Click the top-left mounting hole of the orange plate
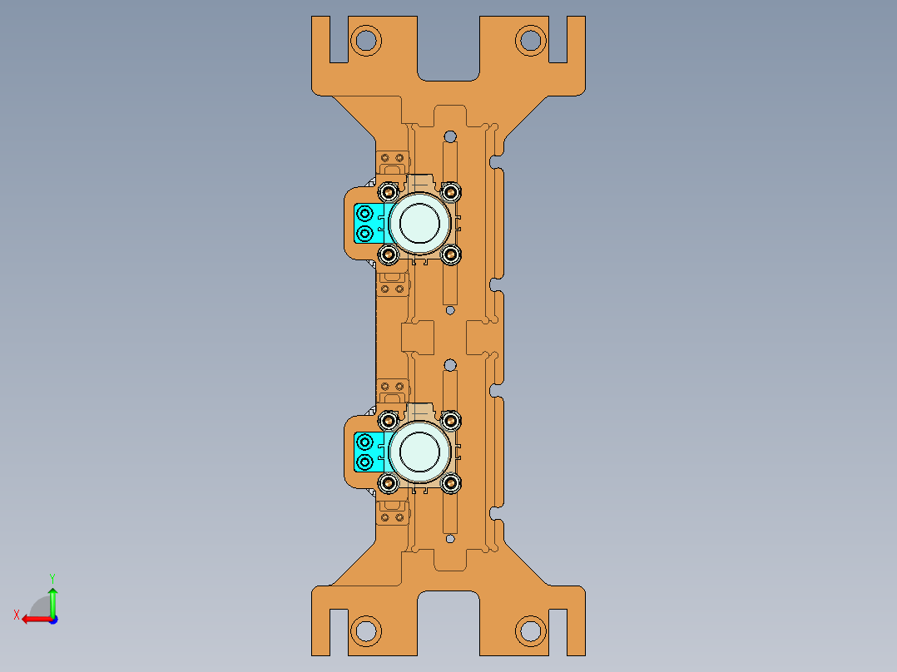coord(364,39)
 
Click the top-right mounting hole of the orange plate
coord(530,39)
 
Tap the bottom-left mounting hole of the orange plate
coord(364,630)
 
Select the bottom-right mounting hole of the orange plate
coord(530,630)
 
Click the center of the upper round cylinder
coord(420,222)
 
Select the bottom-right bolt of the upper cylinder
coord(451,253)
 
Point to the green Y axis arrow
coord(52,597)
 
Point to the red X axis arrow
coord(33,619)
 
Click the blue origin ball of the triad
coord(52,619)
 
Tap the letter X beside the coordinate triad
coord(16,615)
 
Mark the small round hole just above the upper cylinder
coord(450,136)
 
